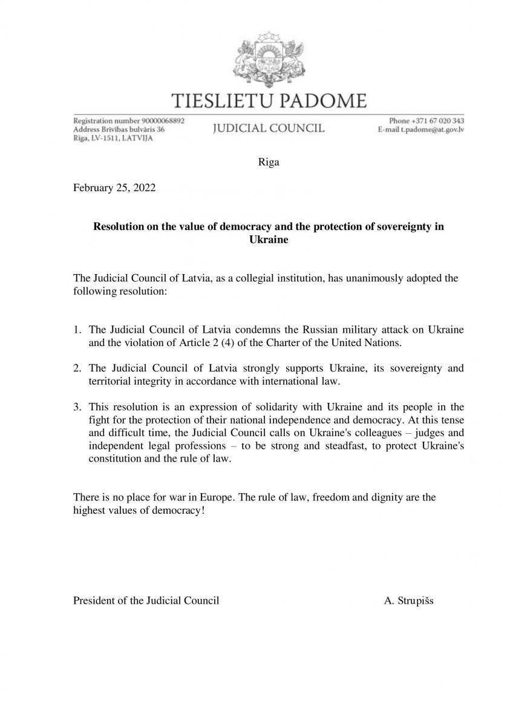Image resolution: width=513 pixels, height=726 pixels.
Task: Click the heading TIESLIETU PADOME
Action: coord(269,100)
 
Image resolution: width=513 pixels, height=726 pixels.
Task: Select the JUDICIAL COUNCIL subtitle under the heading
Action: coord(269,128)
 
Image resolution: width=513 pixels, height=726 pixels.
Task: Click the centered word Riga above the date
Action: coord(269,163)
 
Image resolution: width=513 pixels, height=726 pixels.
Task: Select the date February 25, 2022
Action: coord(114,188)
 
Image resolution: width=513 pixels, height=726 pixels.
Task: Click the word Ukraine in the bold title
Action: coord(269,240)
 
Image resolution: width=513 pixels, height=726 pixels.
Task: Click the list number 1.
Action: coord(76,330)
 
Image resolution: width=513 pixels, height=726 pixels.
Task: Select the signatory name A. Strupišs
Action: coord(408,601)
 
